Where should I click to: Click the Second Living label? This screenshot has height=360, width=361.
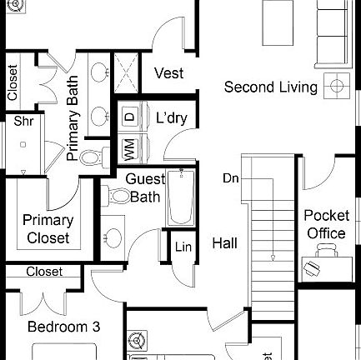click(x=270, y=87)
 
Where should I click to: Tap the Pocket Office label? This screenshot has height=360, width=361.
click(x=326, y=224)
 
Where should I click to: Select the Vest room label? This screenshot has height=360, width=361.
click(x=168, y=73)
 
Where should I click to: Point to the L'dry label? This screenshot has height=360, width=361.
click(x=172, y=117)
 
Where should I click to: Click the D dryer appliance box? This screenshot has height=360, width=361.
click(x=129, y=117)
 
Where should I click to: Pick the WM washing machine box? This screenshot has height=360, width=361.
click(x=130, y=149)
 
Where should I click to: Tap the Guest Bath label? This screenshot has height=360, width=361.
click(x=145, y=188)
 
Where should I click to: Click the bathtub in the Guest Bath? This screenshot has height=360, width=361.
click(x=180, y=198)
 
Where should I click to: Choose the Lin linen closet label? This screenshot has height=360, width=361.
click(x=183, y=247)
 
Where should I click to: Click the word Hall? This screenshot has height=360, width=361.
click(x=224, y=243)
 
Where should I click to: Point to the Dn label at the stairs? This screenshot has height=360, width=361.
click(x=231, y=178)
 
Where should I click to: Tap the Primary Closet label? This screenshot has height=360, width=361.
click(x=48, y=229)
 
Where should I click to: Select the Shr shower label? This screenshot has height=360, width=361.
click(x=23, y=122)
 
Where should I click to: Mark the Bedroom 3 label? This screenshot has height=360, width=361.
click(x=63, y=327)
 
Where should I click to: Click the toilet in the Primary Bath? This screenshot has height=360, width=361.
click(x=93, y=157)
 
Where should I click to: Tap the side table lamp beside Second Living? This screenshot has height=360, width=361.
click(x=337, y=86)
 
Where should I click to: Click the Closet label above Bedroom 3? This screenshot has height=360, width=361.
click(x=44, y=272)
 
